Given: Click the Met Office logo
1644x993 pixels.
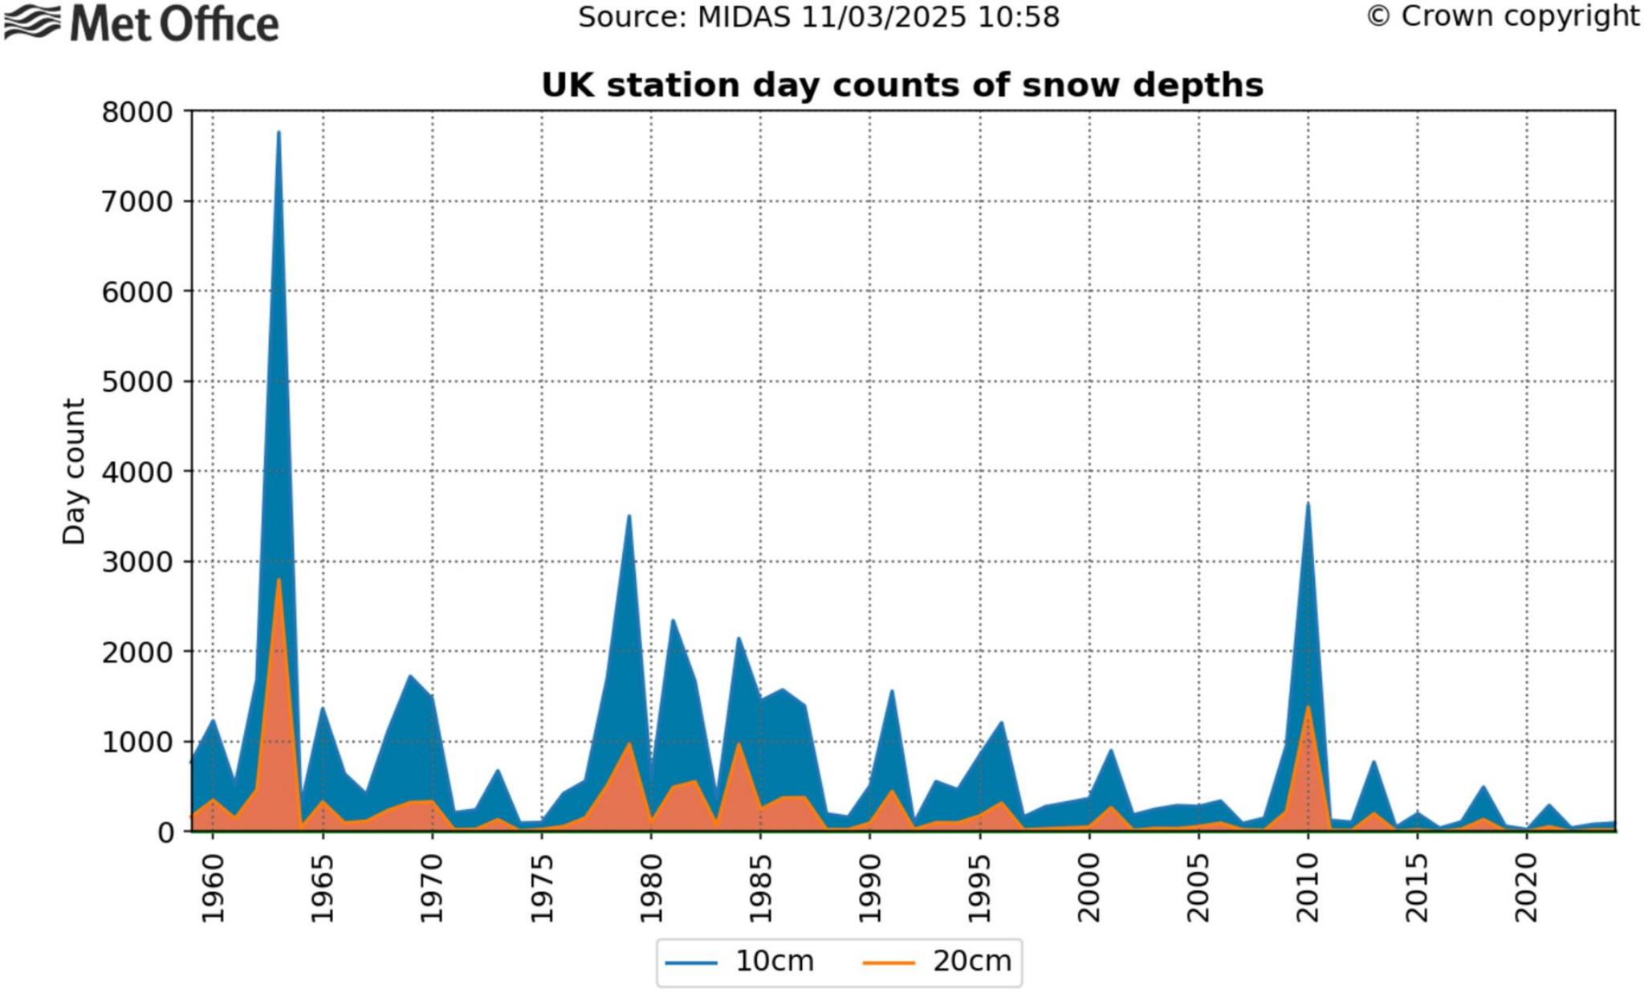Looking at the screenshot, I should pos(141,23).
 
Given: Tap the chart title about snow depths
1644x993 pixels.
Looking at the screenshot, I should pos(902,85).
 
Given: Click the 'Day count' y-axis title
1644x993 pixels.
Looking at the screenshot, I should pos(74,472).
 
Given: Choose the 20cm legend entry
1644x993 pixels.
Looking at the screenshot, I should pos(938,962).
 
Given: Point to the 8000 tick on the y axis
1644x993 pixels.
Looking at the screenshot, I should pos(137,112).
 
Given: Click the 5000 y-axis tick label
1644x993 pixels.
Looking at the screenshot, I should pos(137,382).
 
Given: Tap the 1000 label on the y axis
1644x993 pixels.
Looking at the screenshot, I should pos(137,743).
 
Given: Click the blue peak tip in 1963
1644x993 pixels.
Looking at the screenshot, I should pos(279,132).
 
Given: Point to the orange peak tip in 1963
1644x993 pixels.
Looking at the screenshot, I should pos(279,580).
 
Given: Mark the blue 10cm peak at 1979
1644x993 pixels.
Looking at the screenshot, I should pos(629,516).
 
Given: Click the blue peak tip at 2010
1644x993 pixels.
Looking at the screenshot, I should pos(1308,504).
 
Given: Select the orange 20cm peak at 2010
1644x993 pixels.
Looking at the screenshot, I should pos(1308,707).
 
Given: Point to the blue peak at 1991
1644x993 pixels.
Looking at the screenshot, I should pos(892,691).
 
